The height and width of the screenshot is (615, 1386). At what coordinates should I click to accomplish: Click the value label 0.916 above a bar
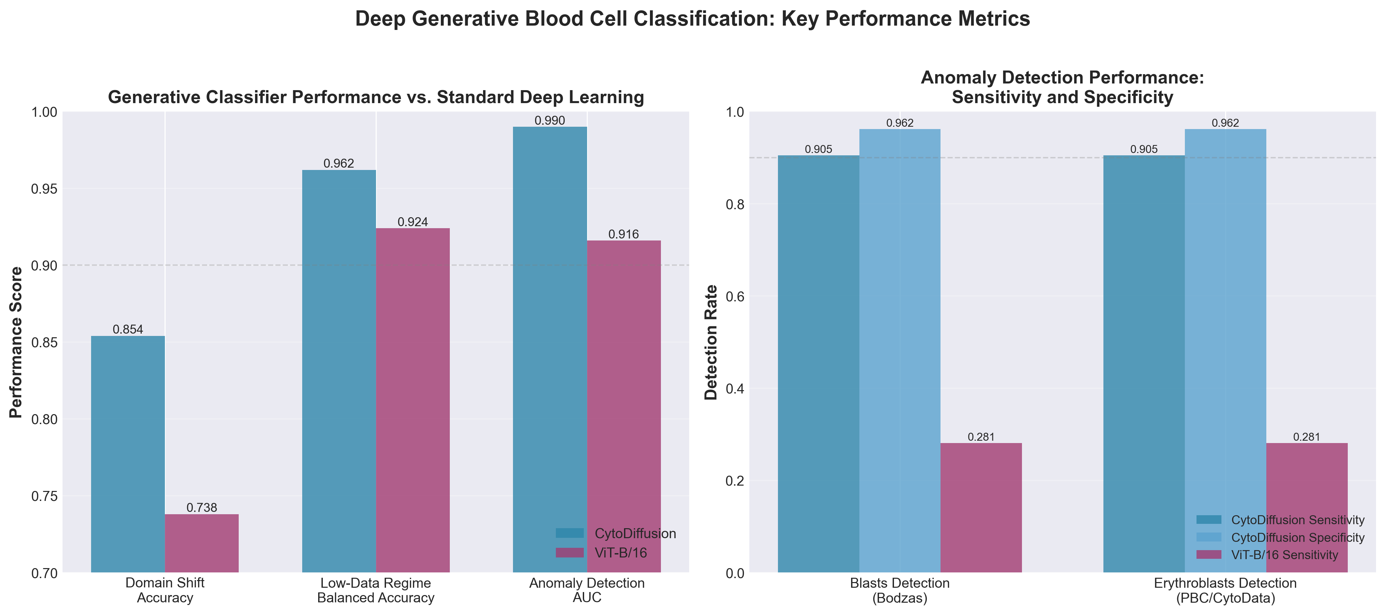[624, 234]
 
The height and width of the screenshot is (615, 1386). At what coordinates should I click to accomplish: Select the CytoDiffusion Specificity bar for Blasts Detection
[900, 350]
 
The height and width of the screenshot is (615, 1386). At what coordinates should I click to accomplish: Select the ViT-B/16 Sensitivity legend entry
[1284, 555]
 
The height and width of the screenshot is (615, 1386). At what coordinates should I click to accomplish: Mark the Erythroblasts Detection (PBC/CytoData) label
[1225, 590]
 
